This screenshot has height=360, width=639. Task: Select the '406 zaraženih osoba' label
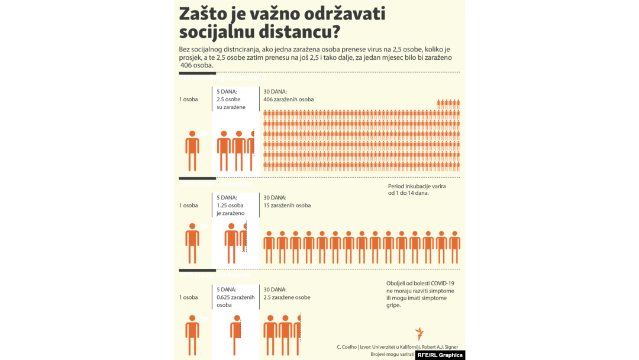coord(289,99)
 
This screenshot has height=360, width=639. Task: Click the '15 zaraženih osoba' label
coord(287,205)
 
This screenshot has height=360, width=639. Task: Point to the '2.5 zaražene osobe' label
coord(287,297)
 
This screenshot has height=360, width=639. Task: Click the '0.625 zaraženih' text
coord(235,297)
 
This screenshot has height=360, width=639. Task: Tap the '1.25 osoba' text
coord(230,205)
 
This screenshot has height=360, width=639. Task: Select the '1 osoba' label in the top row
coord(189,99)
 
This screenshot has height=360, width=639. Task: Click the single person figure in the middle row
coord(192,243)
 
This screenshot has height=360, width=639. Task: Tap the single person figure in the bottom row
coord(192,335)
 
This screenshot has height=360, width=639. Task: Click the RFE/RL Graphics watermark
coord(440,355)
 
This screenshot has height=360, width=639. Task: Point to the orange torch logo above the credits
coord(419,333)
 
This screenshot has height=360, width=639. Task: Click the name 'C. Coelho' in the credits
coord(347,346)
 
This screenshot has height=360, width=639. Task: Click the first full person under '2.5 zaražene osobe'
coord(270,335)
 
